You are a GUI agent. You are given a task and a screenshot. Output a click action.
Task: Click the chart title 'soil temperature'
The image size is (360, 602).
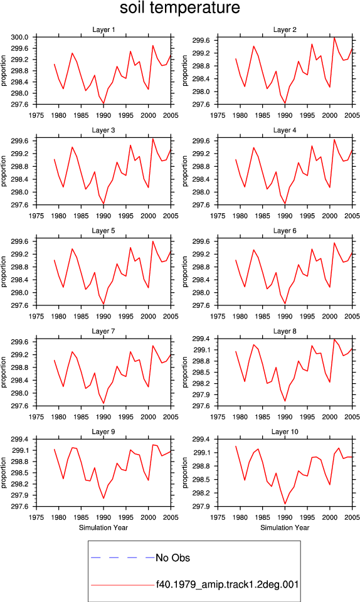pyautogui.click(x=180, y=8)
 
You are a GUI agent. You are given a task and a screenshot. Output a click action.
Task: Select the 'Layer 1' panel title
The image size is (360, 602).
pyautogui.click(x=103, y=29)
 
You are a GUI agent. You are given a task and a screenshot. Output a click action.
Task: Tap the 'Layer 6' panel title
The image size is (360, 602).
pyautogui.click(x=285, y=231)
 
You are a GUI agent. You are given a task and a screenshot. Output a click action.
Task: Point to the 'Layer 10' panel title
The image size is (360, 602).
pyautogui.click(x=285, y=432)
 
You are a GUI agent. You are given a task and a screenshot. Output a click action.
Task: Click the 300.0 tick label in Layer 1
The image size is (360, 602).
pyautogui.click(x=20, y=37)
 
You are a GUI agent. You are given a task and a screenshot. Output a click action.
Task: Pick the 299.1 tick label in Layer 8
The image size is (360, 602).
pyautogui.click(x=201, y=350)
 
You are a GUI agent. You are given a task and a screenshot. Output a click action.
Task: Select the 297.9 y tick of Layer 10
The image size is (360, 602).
pyautogui.click(x=201, y=507)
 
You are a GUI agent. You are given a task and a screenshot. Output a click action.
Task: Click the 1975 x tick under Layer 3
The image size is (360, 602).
pyautogui.click(x=36, y=216)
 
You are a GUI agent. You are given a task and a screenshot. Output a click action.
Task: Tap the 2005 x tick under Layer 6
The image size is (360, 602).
pyautogui.click(x=352, y=317)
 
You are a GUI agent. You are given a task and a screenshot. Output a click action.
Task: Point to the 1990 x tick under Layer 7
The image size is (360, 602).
pyautogui.click(x=103, y=418)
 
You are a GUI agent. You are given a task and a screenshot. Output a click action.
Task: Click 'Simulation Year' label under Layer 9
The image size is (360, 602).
pyautogui.click(x=103, y=528)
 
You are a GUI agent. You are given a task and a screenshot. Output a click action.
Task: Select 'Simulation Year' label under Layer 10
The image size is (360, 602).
pyautogui.click(x=285, y=528)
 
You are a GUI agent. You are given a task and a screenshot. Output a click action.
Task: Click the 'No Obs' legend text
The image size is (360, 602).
pyautogui.click(x=172, y=558)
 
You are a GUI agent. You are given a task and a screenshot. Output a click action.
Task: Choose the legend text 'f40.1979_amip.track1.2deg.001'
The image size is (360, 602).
pyautogui.click(x=227, y=585)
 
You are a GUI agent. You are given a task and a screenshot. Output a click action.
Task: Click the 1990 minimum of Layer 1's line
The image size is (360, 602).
pyautogui.click(x=103, y=103)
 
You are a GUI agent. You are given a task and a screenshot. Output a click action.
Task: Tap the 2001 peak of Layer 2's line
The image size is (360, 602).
pyautogui.click(x=334, y=38)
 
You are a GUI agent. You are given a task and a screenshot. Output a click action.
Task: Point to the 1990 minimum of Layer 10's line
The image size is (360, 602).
pyautogui.click(x=285, y=504)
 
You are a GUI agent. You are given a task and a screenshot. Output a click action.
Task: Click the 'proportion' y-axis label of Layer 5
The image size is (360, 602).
pyautogui.click(x=4, y=272)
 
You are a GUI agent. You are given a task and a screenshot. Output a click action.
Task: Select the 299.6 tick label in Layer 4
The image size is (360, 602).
pyautogui.click(x=201, y=141)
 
